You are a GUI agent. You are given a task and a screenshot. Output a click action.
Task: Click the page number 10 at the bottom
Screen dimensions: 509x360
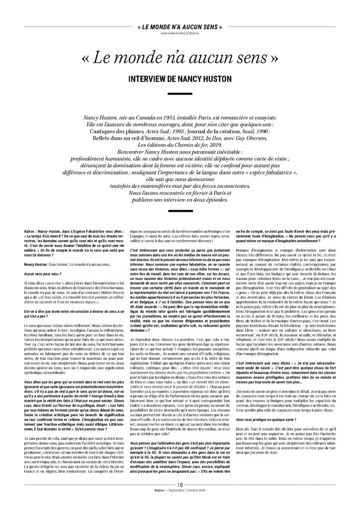[180, 499]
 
